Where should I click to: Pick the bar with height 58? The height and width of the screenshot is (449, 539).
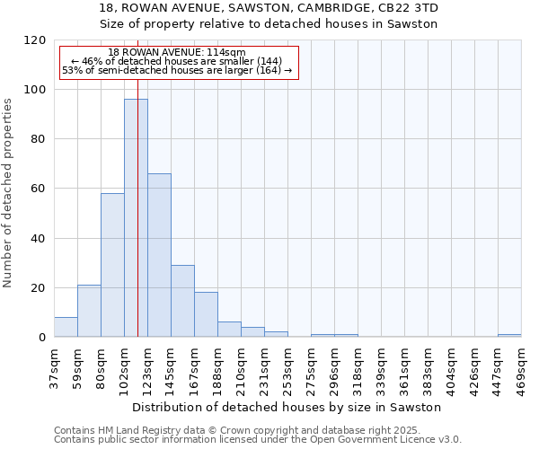112,265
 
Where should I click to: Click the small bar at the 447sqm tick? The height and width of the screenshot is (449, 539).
509,336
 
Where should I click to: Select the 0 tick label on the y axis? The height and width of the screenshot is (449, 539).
42,338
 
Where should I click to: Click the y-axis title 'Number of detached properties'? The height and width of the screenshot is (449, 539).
9,193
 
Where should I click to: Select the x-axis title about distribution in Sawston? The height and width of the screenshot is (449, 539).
287,407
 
